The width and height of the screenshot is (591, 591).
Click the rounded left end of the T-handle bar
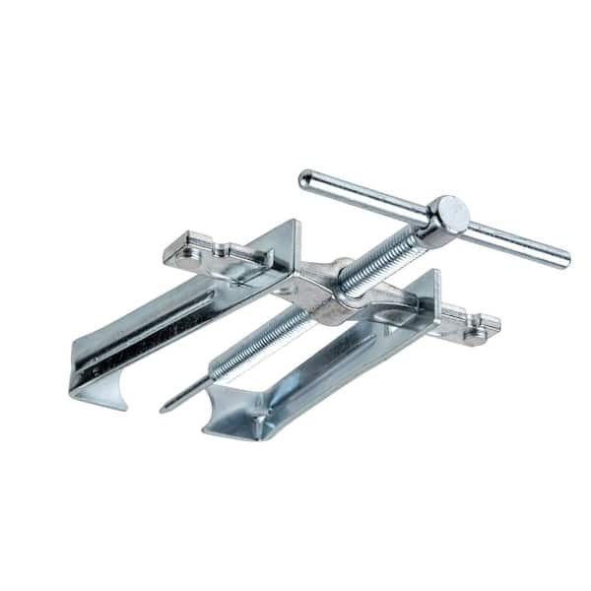305,178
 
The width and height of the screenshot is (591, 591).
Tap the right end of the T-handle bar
564,261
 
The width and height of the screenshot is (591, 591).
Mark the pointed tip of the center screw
164,407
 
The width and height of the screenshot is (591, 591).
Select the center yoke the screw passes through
335,291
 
